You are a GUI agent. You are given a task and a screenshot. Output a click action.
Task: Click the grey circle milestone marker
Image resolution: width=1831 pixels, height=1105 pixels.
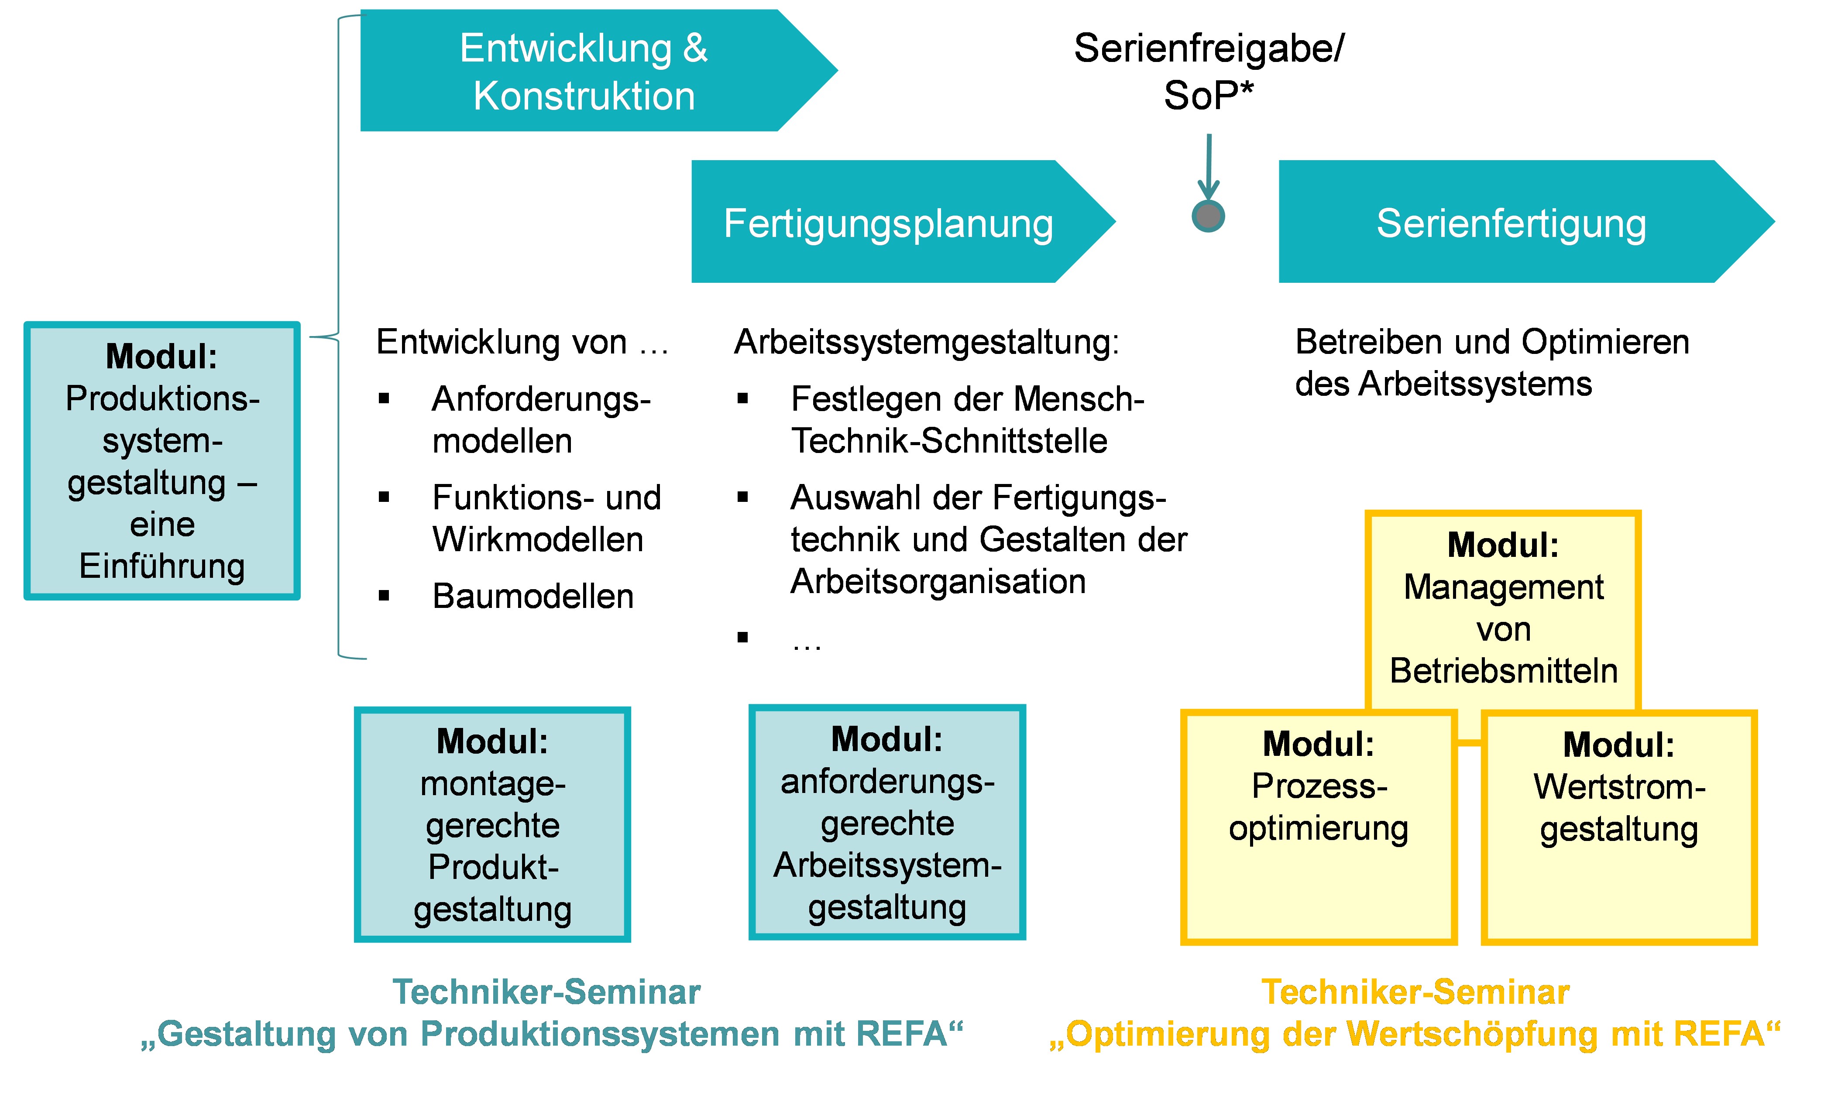tap(1208, 216)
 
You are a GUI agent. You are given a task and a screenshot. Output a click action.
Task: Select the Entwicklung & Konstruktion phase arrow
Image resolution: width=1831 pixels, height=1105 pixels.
tap(583, 71)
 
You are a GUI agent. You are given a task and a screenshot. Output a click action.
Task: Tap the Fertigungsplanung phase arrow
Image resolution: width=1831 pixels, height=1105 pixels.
tap(888, 222)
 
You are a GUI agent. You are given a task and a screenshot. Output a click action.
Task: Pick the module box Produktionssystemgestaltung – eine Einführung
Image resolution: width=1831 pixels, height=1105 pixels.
tap(162, 461)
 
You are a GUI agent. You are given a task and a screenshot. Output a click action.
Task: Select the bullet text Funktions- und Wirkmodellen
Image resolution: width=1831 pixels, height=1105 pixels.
tap(546, 518)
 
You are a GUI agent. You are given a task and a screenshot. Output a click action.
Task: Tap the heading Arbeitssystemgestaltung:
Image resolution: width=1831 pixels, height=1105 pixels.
tap(926, 342)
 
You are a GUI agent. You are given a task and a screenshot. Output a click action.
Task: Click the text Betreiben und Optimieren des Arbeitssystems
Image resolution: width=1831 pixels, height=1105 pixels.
tap(1491, 363)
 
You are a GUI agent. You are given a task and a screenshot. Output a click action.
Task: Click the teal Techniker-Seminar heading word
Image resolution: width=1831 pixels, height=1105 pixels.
tap(546, 991)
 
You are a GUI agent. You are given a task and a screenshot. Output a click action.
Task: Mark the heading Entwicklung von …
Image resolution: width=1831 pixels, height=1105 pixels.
tap(522, 342)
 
